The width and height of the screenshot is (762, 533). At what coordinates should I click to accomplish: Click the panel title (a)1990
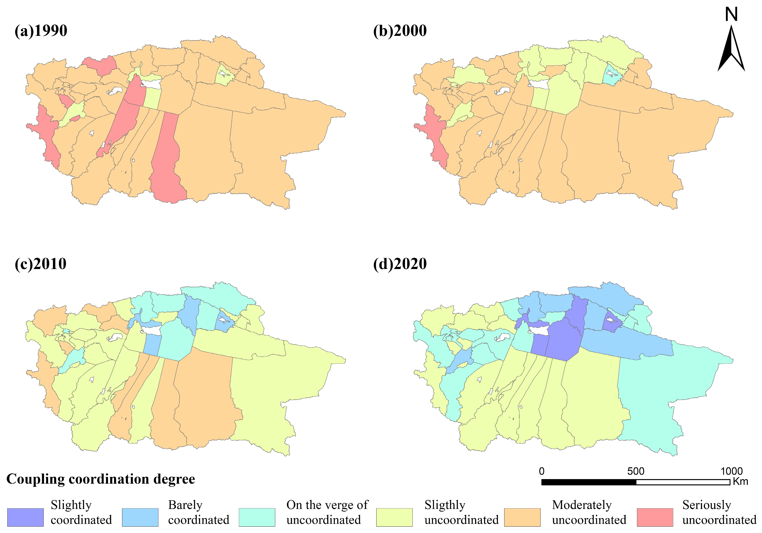41,31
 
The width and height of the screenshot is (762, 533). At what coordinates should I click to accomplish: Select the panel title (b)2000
400,31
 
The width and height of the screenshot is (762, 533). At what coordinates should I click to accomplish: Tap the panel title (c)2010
40,264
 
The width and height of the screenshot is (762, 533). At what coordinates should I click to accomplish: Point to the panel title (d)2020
400,264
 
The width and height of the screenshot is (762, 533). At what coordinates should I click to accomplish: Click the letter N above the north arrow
731,15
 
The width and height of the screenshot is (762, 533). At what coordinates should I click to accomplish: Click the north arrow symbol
731,50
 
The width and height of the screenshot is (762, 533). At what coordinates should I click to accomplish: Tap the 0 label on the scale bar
542,471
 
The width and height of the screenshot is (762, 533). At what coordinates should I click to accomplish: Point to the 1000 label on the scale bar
731,471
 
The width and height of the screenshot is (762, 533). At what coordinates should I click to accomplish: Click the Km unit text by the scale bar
740,482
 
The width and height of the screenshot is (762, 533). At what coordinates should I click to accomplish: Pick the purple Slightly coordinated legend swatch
25,517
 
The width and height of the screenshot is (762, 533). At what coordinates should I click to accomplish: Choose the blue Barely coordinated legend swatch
140,517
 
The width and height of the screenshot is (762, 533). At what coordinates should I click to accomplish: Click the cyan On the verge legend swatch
257,517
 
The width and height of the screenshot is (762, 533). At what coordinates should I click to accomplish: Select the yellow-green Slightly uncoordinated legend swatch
394,517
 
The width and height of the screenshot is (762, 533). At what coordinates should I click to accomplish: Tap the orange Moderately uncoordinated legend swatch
522,517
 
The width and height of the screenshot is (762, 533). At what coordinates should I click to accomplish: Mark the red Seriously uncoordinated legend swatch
655,517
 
